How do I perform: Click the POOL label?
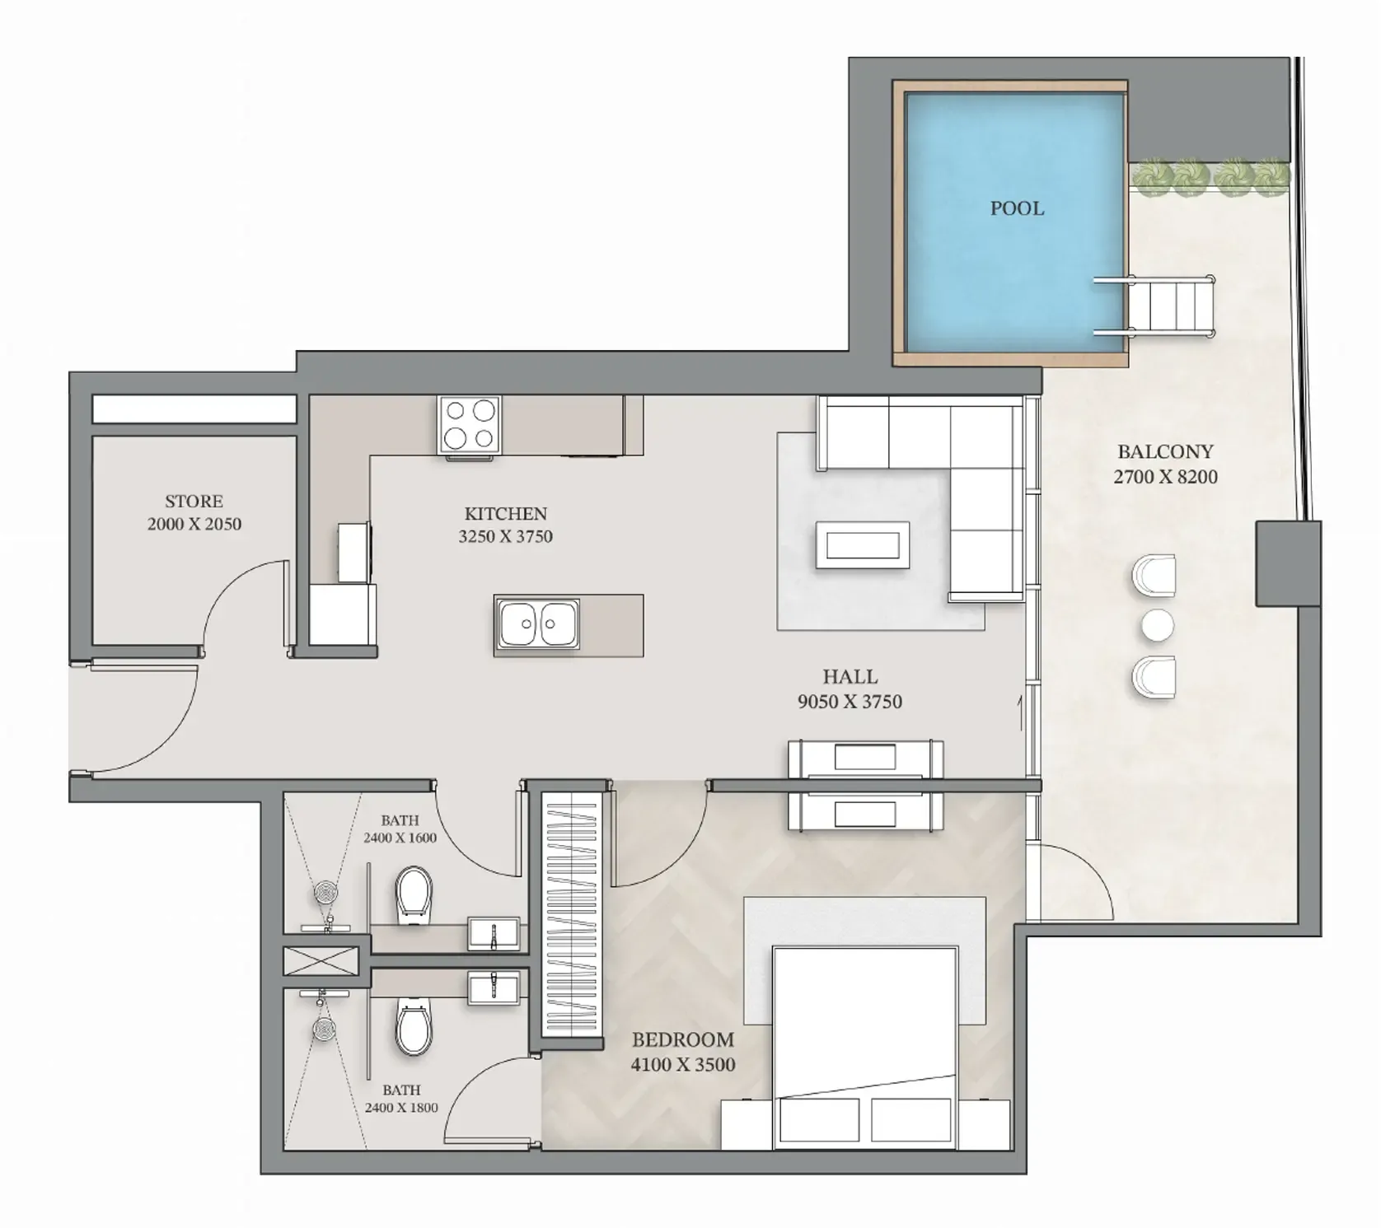pyautogui.click(x=1017, y=208)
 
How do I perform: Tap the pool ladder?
pyautogui.click(x=1154, y=306)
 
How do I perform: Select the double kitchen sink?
pyautogui.click(x=538, y=623)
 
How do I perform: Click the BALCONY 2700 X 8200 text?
pyautogui.click(x=1165, y=464)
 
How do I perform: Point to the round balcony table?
pyautogui.click(x=1157, y=626)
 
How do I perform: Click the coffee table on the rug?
pyautogui.click(x=863, y=545)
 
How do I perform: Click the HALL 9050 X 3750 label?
pyautogui.click(x=850, y=689)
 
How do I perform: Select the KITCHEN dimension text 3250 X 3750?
pyautogui.click(x=506, y=536)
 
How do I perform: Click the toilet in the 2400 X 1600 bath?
pyautogui.click(x=414, y=895)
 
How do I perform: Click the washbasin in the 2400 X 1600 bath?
pyautogui.click(x=494, y=933)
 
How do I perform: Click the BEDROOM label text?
pyautogui.click(x=682, y=1039)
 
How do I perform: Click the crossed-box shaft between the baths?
pyautogui.click(x=321, y=962)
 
